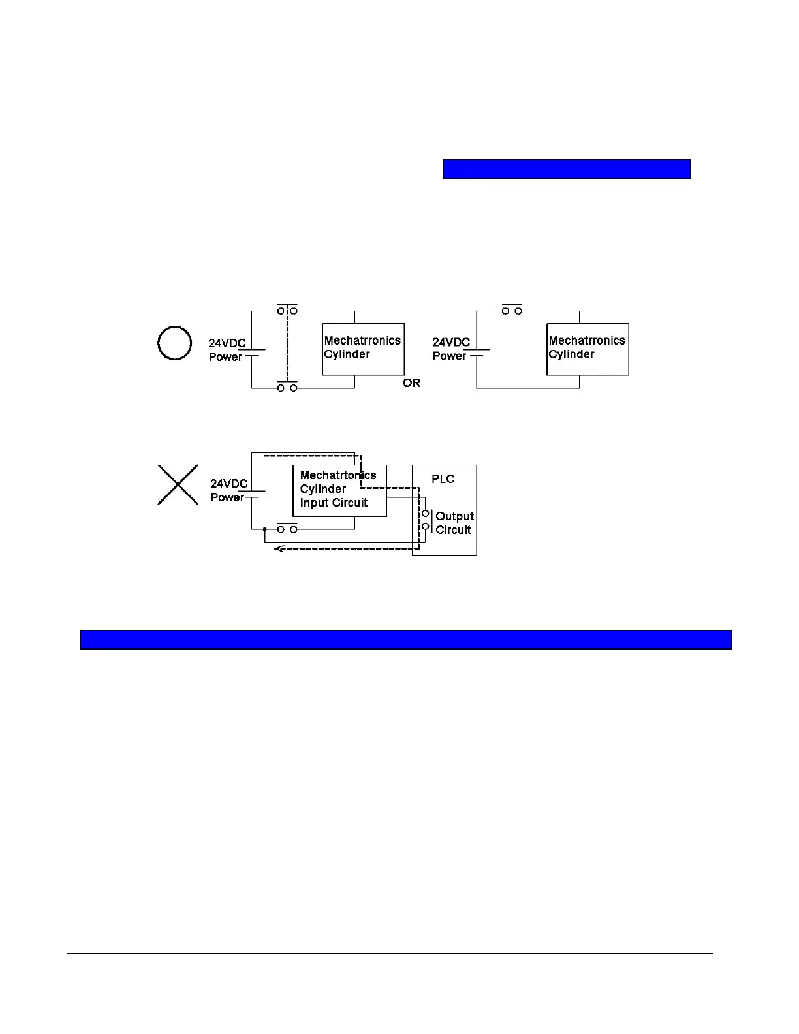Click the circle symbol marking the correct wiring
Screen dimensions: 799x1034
point(175,343)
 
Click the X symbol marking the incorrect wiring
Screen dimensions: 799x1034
point(178,484)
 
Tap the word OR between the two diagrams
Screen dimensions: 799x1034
point(412,383)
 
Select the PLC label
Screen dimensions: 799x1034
point(443,479)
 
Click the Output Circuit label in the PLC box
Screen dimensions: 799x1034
point(454,523)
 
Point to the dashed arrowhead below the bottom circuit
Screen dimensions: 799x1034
point(278,548)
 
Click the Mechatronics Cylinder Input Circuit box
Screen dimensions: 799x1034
point(339,490)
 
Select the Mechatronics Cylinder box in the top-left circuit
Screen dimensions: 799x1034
point(363,349)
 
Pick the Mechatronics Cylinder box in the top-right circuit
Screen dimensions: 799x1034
point(587,349)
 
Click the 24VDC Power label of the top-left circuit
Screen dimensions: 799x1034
point(227,350)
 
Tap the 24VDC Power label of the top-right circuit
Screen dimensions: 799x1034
point(451,349)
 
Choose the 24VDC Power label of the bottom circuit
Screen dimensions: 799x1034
point(228,490)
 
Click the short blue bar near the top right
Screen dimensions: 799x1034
point(567,168)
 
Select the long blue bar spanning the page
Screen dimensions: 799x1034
point(405,639)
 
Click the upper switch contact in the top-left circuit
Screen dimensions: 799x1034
point(287,311)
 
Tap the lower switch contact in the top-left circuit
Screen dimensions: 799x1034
point(287,388)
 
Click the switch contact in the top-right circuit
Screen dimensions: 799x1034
point(512,311)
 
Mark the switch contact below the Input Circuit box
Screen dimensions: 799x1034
point(287,529)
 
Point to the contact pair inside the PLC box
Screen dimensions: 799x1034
point(425,520)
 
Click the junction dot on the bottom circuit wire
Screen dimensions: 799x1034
point(264,529)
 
